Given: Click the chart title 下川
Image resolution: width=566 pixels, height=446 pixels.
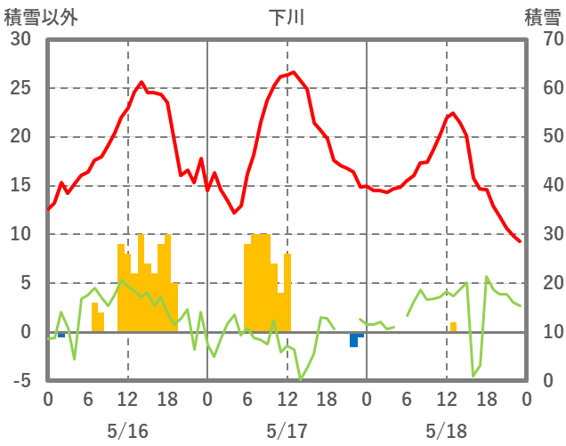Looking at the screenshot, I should tap(287, 17).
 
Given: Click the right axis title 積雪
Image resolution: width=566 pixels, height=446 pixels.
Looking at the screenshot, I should tap(542, 17).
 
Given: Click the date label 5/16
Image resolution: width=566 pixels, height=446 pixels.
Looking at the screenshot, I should tap(127, 431).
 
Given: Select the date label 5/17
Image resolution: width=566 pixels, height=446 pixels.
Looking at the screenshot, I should tap(287, 431).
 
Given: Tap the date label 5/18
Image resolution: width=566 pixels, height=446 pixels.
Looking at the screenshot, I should tap(446, 431).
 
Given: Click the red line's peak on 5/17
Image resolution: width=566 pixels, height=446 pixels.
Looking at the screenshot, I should tap(294, 73).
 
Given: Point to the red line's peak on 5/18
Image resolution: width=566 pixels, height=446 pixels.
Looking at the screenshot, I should tap(453, 113).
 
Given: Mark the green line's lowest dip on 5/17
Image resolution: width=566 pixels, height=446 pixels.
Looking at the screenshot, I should tap(301, 378).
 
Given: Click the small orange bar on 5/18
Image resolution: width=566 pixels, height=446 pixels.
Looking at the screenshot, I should tap(453, 327).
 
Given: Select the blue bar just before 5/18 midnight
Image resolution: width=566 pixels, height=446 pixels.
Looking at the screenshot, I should tap(354, 339).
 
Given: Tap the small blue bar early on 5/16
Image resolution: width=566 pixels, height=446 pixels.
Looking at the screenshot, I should tap(61, 335).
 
